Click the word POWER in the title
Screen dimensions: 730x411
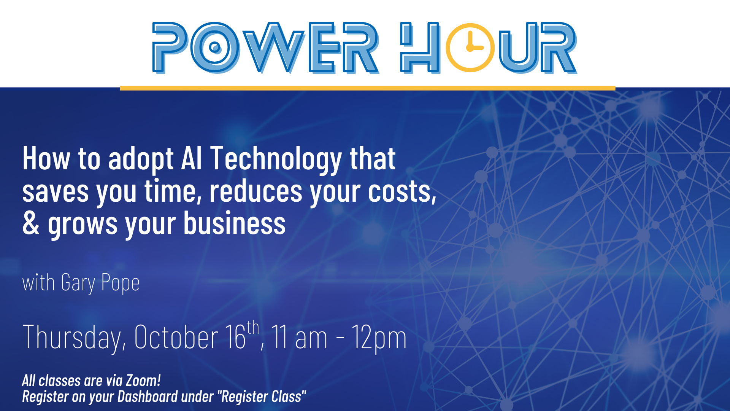(x=266, y=48)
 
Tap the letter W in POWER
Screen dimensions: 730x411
(x=274, y=48)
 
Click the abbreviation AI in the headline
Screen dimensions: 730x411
(x=191, y=158)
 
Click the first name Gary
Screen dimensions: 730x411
(x=78, y=284)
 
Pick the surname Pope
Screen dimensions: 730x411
(x=121, y=284)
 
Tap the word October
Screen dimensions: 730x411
(x=176, y=337)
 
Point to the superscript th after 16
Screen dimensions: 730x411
(x=253, y=328)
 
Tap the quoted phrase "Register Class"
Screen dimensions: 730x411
(x=262, y=397)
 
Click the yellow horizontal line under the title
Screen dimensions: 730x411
(x=368, y=88)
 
